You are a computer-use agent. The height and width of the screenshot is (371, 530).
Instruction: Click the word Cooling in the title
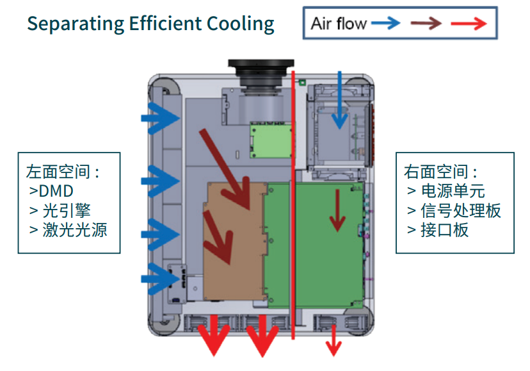tap(241, 24)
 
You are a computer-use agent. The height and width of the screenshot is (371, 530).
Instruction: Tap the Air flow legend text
tap(339, 24)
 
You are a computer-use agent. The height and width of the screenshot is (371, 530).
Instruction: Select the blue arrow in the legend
tap(385, 24)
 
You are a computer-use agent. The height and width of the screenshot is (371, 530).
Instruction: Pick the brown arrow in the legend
tap(426, 24)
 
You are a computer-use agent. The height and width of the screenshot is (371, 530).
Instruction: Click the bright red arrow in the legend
tap(470, 24)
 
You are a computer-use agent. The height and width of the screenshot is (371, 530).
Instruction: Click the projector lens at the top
tap(260, 72)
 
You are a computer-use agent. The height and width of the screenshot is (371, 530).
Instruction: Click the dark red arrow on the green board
tap(335, 209)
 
